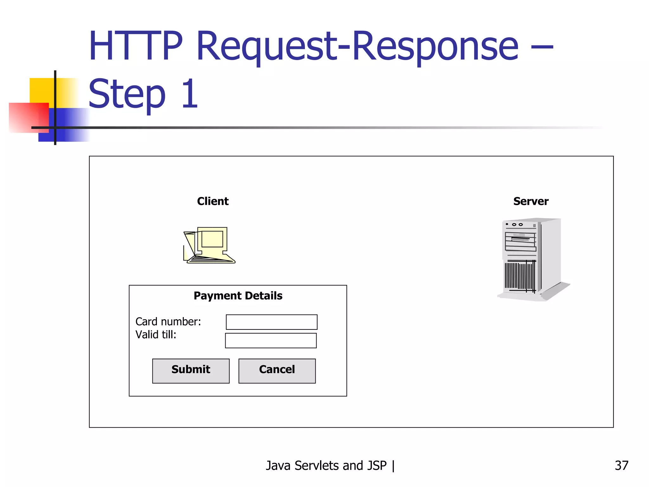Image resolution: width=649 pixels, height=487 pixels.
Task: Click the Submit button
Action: (191, 371)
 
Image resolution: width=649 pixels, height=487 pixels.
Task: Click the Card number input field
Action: (272, 322)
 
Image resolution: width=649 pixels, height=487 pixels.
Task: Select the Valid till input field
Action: (271, 340)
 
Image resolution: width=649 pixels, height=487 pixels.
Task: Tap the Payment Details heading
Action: (238, 296)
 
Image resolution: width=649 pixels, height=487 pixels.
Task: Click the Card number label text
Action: (168, 321)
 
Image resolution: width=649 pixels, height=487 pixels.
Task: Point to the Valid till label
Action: (156, 334)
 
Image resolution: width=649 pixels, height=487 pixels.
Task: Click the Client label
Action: (213, 201)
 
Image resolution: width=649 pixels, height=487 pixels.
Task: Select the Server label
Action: (531, 201)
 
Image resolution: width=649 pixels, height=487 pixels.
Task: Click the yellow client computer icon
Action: (210, 245)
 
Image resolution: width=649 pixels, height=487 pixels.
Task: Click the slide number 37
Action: (621, 465)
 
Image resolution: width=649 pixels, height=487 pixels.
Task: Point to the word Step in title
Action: (127, 94)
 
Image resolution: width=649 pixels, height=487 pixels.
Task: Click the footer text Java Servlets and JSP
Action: (326, 465)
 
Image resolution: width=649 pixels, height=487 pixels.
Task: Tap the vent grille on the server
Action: (520, 275)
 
